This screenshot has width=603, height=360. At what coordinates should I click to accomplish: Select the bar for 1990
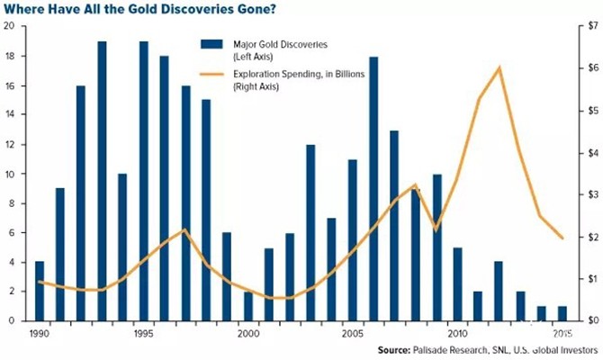(x=40, y=292)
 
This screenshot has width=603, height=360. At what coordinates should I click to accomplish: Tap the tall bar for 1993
(x=102, y=181)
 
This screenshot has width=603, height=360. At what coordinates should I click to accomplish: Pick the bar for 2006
(x=373, y=189)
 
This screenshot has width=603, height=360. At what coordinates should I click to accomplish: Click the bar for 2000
(x=248, y=306)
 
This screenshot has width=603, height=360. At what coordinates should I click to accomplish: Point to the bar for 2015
(x=562, y=313)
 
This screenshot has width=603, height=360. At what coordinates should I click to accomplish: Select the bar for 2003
(x=310, y=233)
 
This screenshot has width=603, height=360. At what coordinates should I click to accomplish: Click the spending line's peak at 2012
(x=499, y=68)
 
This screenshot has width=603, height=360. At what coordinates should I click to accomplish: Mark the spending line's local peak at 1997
(x=185, y=229)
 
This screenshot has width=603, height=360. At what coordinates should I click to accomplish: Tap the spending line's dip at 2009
(x=436, y=230)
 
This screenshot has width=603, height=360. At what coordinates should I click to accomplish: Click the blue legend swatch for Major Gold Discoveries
(x=211, y=44)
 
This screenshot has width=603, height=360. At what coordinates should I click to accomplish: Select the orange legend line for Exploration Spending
(x=211, y=74)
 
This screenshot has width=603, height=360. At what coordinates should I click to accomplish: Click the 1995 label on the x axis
(x=143, y=333)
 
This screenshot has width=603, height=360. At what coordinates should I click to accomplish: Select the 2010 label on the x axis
(x=457, y=333)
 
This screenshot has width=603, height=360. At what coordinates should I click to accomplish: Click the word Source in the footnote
(x=394, y=350)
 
